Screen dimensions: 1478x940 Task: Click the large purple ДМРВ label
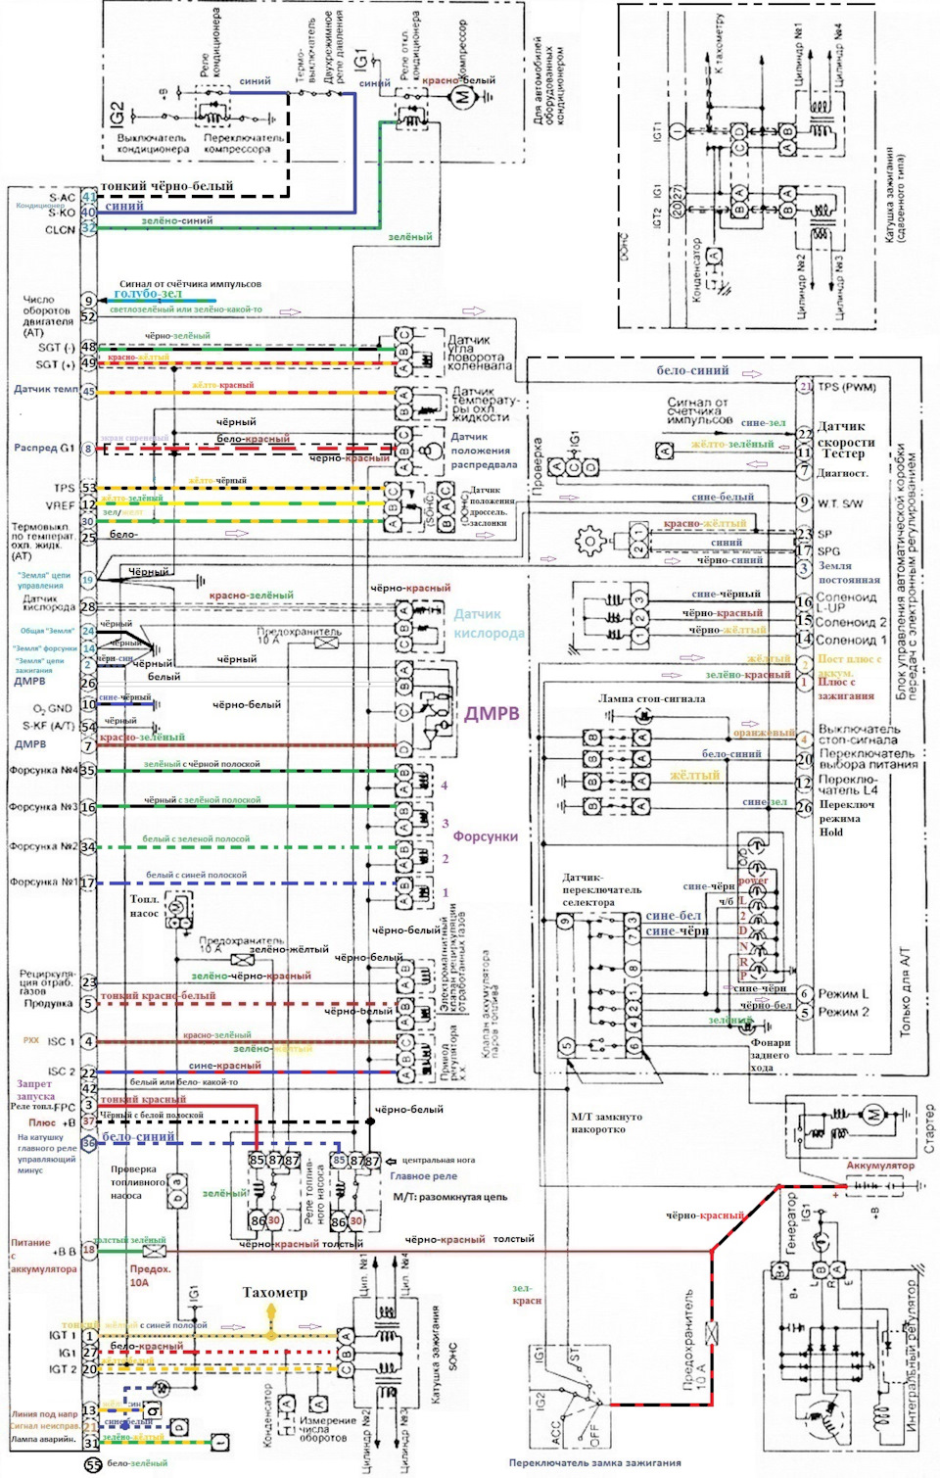tap(491, 713)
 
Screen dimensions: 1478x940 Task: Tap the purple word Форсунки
tap(485, 836)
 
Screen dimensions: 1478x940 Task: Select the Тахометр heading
tap(274, 1293)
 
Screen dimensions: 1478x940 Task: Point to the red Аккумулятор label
tap(880, 1166)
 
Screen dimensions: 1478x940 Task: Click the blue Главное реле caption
tap(423, 1176)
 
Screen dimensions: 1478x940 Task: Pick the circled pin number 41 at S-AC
tap(88, 198)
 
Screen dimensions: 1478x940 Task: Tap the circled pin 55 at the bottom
tap(92, 1465)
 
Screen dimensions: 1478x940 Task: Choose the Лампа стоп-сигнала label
tap(651, 699)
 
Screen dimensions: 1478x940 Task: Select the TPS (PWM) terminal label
tap(847, 387)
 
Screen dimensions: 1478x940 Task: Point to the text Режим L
tap(843, 994)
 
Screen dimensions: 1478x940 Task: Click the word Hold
tap(830, 832)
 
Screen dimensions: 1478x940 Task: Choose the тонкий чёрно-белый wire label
tap(167, 186)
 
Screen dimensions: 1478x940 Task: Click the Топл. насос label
tap(145, 906)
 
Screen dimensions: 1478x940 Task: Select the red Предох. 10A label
tap(150, 1275)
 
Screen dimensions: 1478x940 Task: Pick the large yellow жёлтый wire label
tap(694, 776)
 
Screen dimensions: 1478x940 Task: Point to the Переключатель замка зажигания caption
tap(594, 1463)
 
